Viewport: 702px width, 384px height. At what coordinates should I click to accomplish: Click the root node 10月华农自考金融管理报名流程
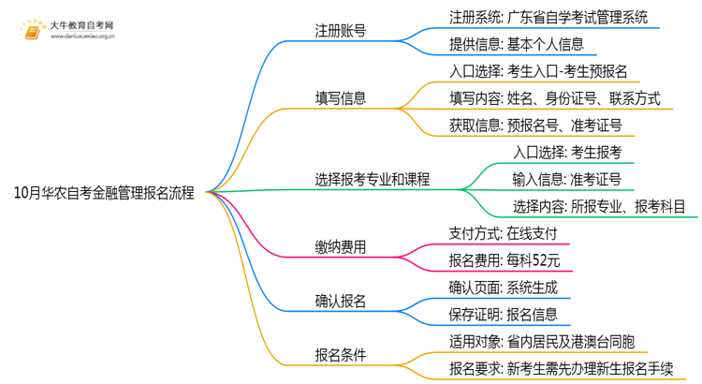click(105, 194)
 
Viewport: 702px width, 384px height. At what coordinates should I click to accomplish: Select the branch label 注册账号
click(341, 30)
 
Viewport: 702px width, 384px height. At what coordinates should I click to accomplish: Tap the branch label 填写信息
click(341, 97)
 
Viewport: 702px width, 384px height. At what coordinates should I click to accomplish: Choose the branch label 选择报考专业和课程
click(373, 179)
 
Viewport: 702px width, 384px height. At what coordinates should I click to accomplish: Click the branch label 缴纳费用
click(341, 247)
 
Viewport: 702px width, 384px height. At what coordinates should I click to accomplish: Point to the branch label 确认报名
click(341, 301)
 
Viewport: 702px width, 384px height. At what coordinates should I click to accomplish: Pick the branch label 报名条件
click(341, 354)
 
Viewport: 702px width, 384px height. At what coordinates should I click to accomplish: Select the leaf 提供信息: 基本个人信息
click(517, 44)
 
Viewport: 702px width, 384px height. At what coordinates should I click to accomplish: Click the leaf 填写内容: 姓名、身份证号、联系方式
click(555, 97)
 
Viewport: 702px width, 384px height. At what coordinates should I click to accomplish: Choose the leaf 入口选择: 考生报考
click(567, 152)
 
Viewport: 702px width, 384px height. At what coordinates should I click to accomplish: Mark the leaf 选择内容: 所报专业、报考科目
click(599, 206)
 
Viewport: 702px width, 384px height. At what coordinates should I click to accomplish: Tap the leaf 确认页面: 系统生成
click(504, 288)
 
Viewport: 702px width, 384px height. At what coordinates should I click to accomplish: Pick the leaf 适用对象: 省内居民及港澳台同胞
click(542, 341)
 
